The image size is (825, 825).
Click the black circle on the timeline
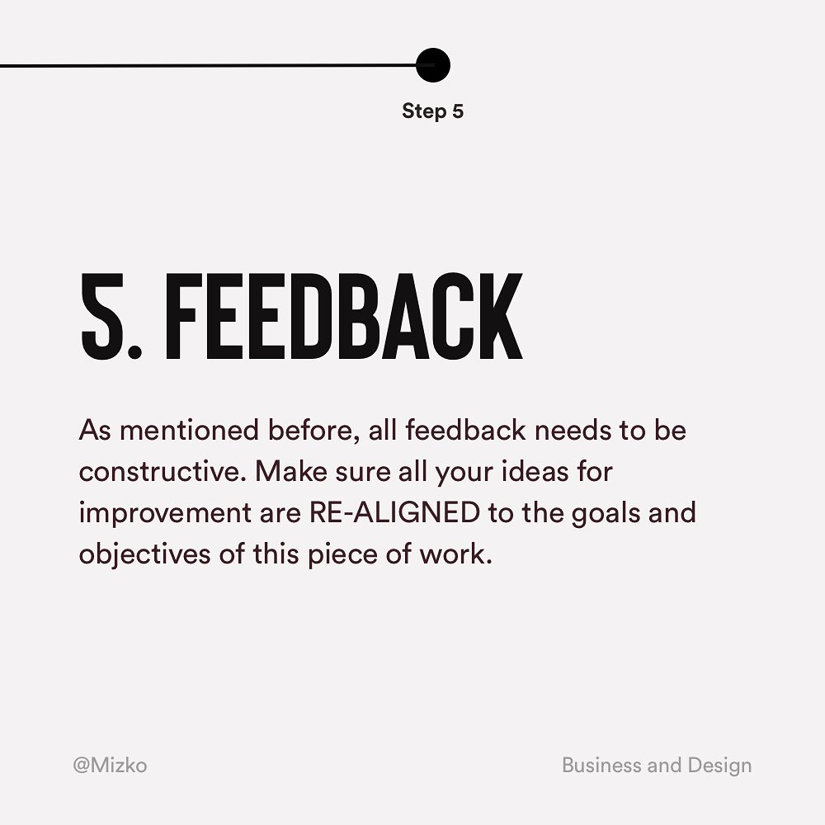click(x=433, y=65)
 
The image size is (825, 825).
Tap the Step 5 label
click(x=432, y=111)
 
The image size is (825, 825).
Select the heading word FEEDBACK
click(x=344, y=316)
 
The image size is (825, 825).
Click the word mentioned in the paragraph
click(x=190, y=430)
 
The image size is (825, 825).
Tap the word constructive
click(x=163, y=471)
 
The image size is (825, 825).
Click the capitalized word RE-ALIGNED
click(x=394, y=512)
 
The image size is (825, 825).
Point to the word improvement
click(x=165, y=513)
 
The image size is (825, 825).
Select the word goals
click(x=605, y=514)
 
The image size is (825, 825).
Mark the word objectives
click(x=144, y=554)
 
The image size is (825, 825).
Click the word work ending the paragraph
click(x=455, y=554)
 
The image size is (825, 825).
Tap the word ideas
click(x=535, y=471)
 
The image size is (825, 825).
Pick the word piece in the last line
click(x=342, y=555)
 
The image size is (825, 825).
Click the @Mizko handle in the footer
click(x=110, y=765)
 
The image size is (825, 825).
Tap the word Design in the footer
click(x=719, y=766)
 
